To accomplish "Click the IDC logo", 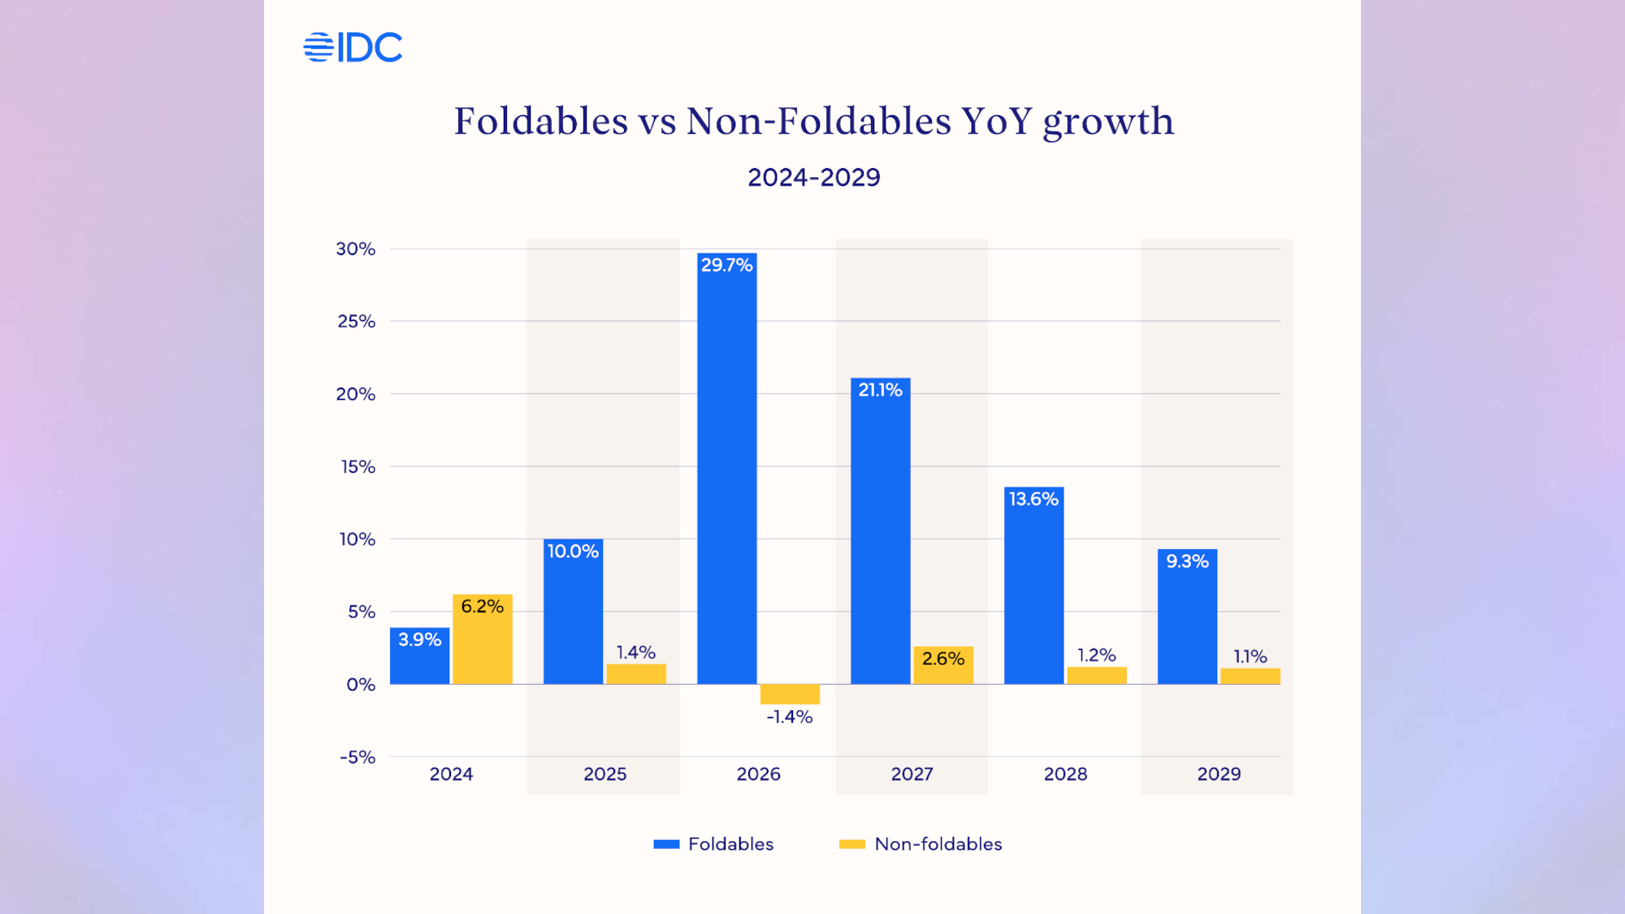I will tap(353, 48).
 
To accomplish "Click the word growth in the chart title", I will tap(1108, 123).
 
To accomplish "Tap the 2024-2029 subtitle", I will tap(813, 177).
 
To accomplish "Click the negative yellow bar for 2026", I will tap(790, 694).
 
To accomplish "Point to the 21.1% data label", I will tap(880, 390).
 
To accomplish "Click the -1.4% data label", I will tap(790, 717).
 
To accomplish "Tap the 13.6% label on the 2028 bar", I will tap(1033, 499).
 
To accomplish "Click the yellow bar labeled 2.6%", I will tap(943, 666).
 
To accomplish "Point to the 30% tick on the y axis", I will tap(356, 249).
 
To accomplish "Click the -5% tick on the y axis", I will tap(357, 757).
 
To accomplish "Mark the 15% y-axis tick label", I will tap(357, 466).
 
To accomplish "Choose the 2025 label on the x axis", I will tap(604, 774).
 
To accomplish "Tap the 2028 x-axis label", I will tap(1065, 774).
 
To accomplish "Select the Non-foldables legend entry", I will tap(921, 844).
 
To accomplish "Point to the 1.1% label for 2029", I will tap(1250, 656).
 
